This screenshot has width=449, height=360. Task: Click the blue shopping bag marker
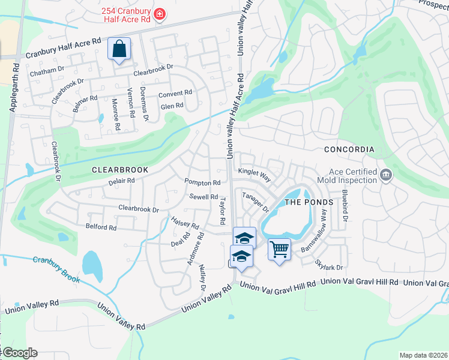(119, 49)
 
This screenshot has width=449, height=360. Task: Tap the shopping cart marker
(279, 248)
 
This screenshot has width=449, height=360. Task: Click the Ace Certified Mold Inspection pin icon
(385, 175)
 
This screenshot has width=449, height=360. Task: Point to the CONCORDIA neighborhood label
(349, 149)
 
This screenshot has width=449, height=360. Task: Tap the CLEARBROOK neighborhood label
(115, 170)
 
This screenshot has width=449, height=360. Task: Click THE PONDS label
(308, 202)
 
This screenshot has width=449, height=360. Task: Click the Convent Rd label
(175, 94)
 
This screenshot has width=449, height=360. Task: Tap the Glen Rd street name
(172, 106)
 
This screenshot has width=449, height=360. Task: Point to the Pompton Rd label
(202, 182)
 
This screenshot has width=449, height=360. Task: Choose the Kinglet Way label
(255, 175)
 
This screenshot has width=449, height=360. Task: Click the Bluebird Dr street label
(345, 206)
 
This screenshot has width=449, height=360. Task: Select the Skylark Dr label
(330, 267)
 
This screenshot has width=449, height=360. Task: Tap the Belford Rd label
(101, 227)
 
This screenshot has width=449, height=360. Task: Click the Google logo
(19, 353)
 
